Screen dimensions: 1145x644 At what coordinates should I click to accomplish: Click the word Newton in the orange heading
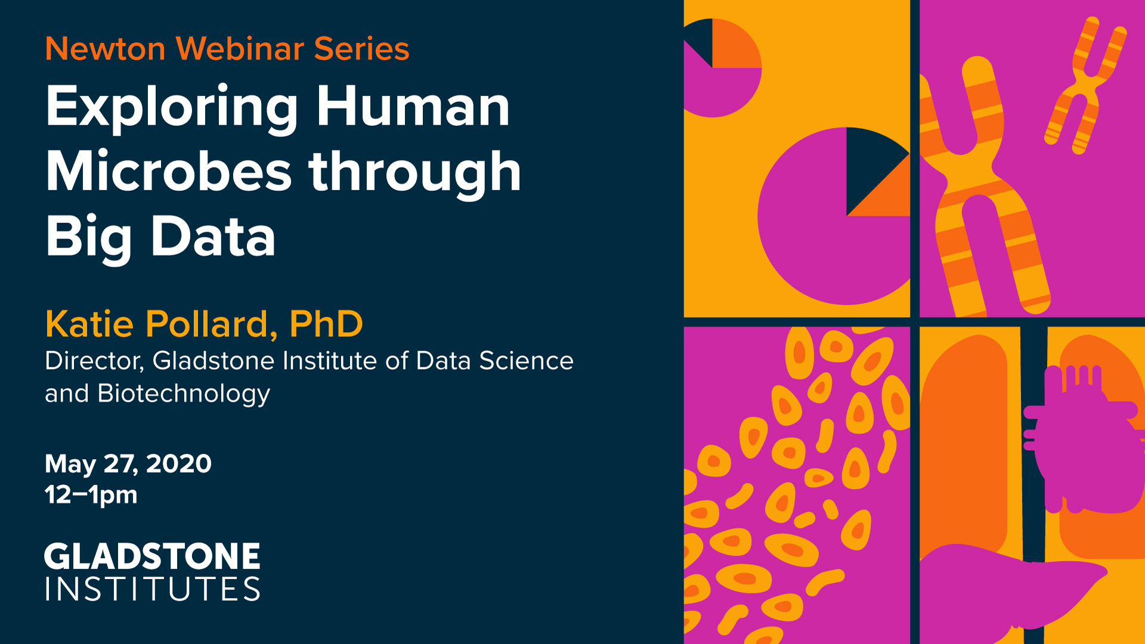[105, 49]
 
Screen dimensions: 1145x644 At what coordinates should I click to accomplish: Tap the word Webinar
[240, 49]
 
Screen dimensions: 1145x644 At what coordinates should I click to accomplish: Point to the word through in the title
[415, 173]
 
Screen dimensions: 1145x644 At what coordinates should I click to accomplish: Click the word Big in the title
[89, 238]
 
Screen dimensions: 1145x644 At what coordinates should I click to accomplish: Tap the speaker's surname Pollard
[211, 324]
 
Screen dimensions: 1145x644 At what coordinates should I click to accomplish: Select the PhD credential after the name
[326, 324]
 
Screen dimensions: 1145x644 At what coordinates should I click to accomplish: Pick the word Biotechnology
[184, 394]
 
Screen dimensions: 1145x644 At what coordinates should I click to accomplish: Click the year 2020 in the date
[178, 463]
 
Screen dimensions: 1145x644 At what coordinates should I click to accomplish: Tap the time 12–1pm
[91, 496]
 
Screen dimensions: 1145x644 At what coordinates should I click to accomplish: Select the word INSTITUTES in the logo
[153, 589]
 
